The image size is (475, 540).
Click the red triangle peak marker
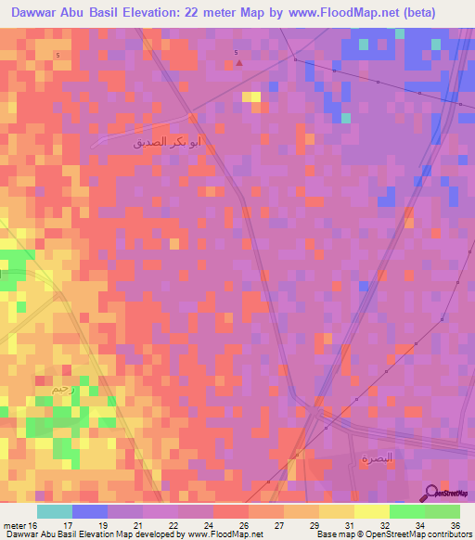239,63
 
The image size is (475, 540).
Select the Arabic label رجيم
64,387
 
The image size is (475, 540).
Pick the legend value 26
243,524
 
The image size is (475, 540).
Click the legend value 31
348,524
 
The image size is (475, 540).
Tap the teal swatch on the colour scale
55,511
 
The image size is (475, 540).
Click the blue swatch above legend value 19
90,511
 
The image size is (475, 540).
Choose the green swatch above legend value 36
443,511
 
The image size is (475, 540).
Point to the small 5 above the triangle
237,52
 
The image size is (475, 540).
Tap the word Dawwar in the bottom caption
20,534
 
